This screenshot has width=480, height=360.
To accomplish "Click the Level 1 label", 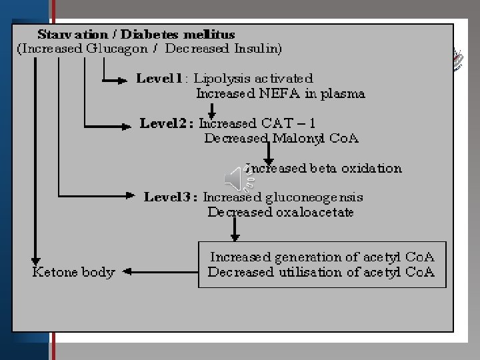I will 159,79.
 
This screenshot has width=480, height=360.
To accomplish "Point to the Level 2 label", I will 166,123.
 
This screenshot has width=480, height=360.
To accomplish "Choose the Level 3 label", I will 171,197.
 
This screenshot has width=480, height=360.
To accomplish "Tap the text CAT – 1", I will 293,123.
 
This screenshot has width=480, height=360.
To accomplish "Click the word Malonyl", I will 299,139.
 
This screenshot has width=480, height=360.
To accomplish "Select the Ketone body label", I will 73,272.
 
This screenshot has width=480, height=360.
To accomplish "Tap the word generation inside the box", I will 323,257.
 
